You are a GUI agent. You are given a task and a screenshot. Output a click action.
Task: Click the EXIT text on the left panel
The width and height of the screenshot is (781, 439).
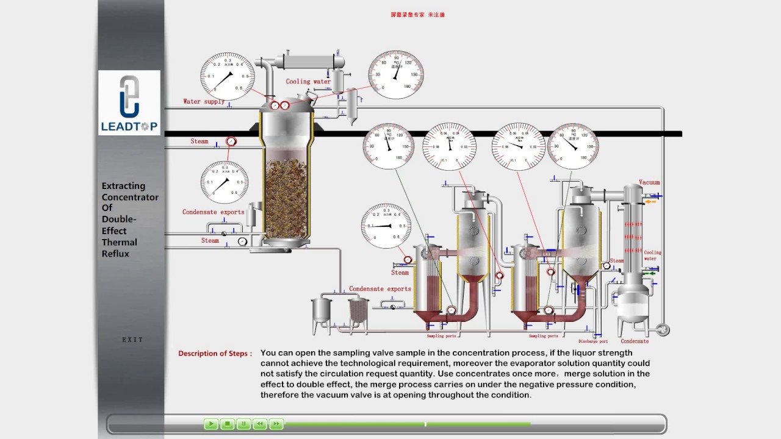click(132, 340)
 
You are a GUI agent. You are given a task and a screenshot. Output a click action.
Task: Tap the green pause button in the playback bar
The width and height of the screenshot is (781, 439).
click(243, 424)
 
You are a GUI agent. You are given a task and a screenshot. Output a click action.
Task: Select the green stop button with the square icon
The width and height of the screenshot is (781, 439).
click(227, 424)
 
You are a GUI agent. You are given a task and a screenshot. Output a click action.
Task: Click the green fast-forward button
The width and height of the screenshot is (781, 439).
click(276, 424)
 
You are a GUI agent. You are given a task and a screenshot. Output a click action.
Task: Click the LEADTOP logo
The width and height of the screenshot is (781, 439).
click(129, 102)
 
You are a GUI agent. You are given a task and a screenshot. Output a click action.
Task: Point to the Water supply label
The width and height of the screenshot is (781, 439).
click(204, 101)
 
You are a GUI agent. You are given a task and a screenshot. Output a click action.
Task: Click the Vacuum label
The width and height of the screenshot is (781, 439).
click(649, 182)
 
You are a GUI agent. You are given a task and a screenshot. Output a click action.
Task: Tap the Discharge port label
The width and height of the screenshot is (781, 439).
click(593, 341)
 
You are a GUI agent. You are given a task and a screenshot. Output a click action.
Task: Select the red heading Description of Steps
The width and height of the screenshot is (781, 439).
click(215, 354)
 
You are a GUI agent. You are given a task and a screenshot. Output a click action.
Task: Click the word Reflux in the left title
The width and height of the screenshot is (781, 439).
click(115, 254)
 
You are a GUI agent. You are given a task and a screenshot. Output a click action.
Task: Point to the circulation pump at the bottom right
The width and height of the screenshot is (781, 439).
click(661, 329)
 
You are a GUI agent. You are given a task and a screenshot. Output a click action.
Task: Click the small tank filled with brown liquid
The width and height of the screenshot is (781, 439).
click(358, 312)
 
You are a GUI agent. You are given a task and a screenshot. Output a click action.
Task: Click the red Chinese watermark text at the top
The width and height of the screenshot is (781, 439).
click(417, 15)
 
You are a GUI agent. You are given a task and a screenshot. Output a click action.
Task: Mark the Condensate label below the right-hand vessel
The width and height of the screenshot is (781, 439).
click(635, 341)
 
